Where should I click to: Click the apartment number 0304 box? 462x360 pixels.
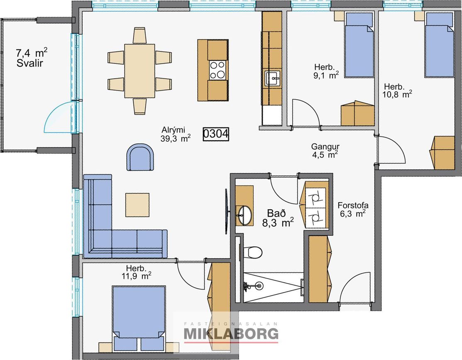coord(216,134)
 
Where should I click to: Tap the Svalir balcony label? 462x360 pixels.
coord(30,63)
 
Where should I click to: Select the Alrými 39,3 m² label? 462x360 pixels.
coord(175,134)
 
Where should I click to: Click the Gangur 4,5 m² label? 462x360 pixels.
coord(325,150)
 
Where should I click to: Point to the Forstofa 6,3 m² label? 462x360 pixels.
coord(353,209)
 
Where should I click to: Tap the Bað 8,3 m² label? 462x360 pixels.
coord(278,218)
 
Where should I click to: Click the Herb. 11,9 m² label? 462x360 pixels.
coord(137,272)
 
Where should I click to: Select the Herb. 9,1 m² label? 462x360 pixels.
coord(325,71)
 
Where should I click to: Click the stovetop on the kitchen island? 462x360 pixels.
coord(218,70)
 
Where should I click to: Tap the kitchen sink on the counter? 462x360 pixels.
coord(273,78)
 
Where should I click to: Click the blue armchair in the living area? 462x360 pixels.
coord(140,157)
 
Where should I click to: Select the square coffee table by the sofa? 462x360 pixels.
coord(137,205)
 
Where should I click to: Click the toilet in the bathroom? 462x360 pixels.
coord(252,252)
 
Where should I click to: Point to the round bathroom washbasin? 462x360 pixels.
coord(244,215)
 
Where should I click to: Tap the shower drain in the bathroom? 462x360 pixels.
coord(259,285)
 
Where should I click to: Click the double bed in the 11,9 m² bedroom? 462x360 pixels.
coord(139,318)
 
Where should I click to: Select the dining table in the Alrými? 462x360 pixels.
coord(139,71)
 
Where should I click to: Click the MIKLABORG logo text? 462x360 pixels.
coord(231,334)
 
